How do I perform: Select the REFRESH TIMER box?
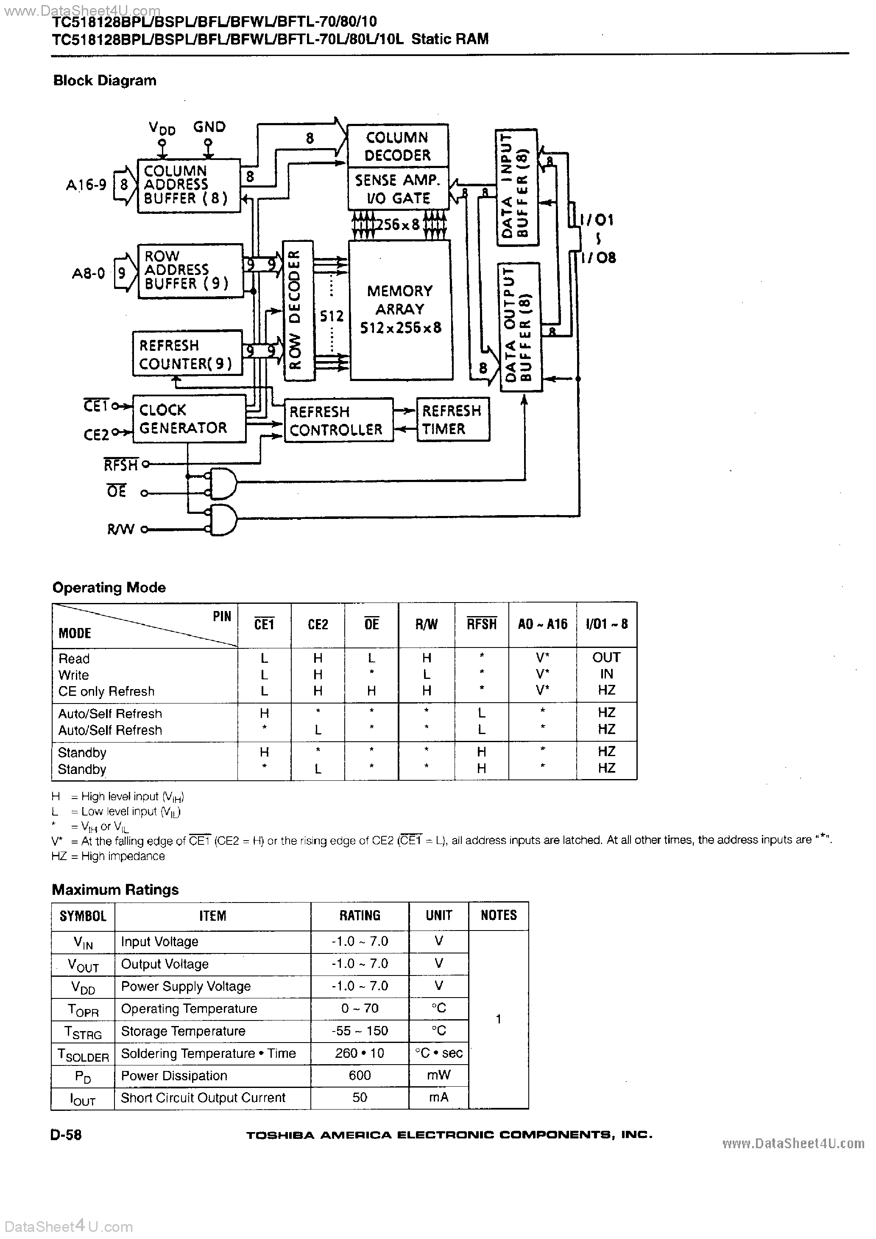pos(452,420)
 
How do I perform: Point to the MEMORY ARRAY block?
pos(400,309)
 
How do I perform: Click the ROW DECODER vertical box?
pos(297,310)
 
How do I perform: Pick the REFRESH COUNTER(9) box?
pos(187,354)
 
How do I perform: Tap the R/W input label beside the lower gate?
pos(120,530)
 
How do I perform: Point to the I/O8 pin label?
pos(598,258)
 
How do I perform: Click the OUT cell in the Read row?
pos(606,657)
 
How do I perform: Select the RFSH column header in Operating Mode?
pos(481,624)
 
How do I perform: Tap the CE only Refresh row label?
pos(106,691)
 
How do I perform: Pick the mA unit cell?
pos(438,1098)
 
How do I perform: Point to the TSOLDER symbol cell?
pos(83,1054)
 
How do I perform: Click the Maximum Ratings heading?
pos(115,889)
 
